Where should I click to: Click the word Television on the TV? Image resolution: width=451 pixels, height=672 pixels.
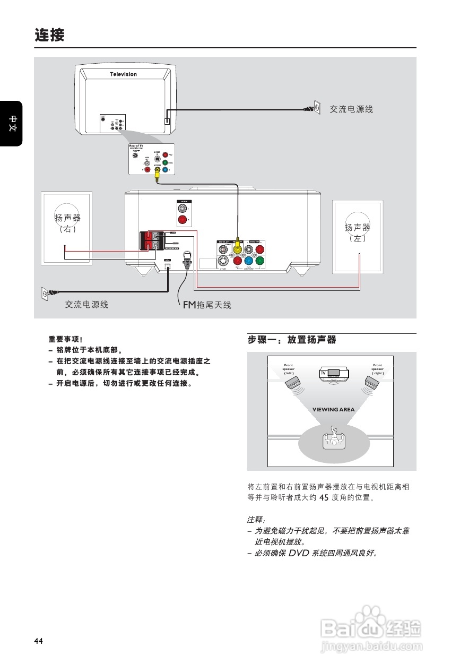[123, 74]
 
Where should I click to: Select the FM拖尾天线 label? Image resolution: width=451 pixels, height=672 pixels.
[207, 305]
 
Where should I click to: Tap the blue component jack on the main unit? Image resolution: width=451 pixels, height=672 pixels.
[249, 261]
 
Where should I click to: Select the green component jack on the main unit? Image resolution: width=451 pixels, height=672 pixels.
[259, 261]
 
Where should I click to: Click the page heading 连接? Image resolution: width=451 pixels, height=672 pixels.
[49, 36]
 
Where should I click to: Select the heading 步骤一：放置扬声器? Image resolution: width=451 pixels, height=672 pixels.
[292, 340]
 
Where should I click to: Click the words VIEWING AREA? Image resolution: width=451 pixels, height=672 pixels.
[333, 409]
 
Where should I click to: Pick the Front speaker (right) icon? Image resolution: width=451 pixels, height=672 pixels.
[371, 382]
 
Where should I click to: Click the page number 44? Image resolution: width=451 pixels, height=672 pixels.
[38, 641]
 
